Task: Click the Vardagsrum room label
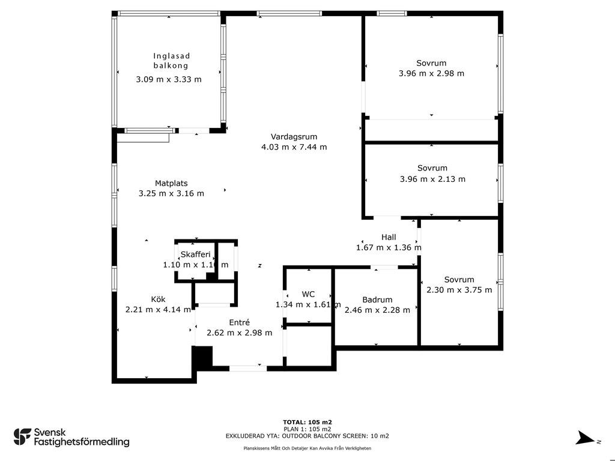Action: (x=294, y=137)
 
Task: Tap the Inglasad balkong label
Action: (x=171, y=61)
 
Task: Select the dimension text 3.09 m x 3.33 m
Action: (x=169, y=79)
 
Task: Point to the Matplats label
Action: (x=171, y=183)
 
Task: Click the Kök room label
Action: (x=158, y=299)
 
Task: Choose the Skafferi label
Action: (x=195, y=255)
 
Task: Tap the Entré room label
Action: (x=239, y=322)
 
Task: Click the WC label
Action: (x=308, y=294)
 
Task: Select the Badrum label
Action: (x=377, y=300)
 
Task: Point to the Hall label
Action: (x=389, y=237)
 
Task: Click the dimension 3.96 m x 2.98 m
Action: (x=431, y=73)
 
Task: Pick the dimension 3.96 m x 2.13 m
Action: (x=432, y=179)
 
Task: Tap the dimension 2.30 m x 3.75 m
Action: (x=459, y=290)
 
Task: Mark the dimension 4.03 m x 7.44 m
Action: (x=294, y=147)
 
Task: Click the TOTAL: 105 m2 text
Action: (x=307, y=422)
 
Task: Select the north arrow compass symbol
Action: (x=585, y=438)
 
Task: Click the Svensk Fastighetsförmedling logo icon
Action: (x=22, y=437)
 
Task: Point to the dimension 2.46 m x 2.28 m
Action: (x=377, y=310)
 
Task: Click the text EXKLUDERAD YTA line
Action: (x=307, y=436)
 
